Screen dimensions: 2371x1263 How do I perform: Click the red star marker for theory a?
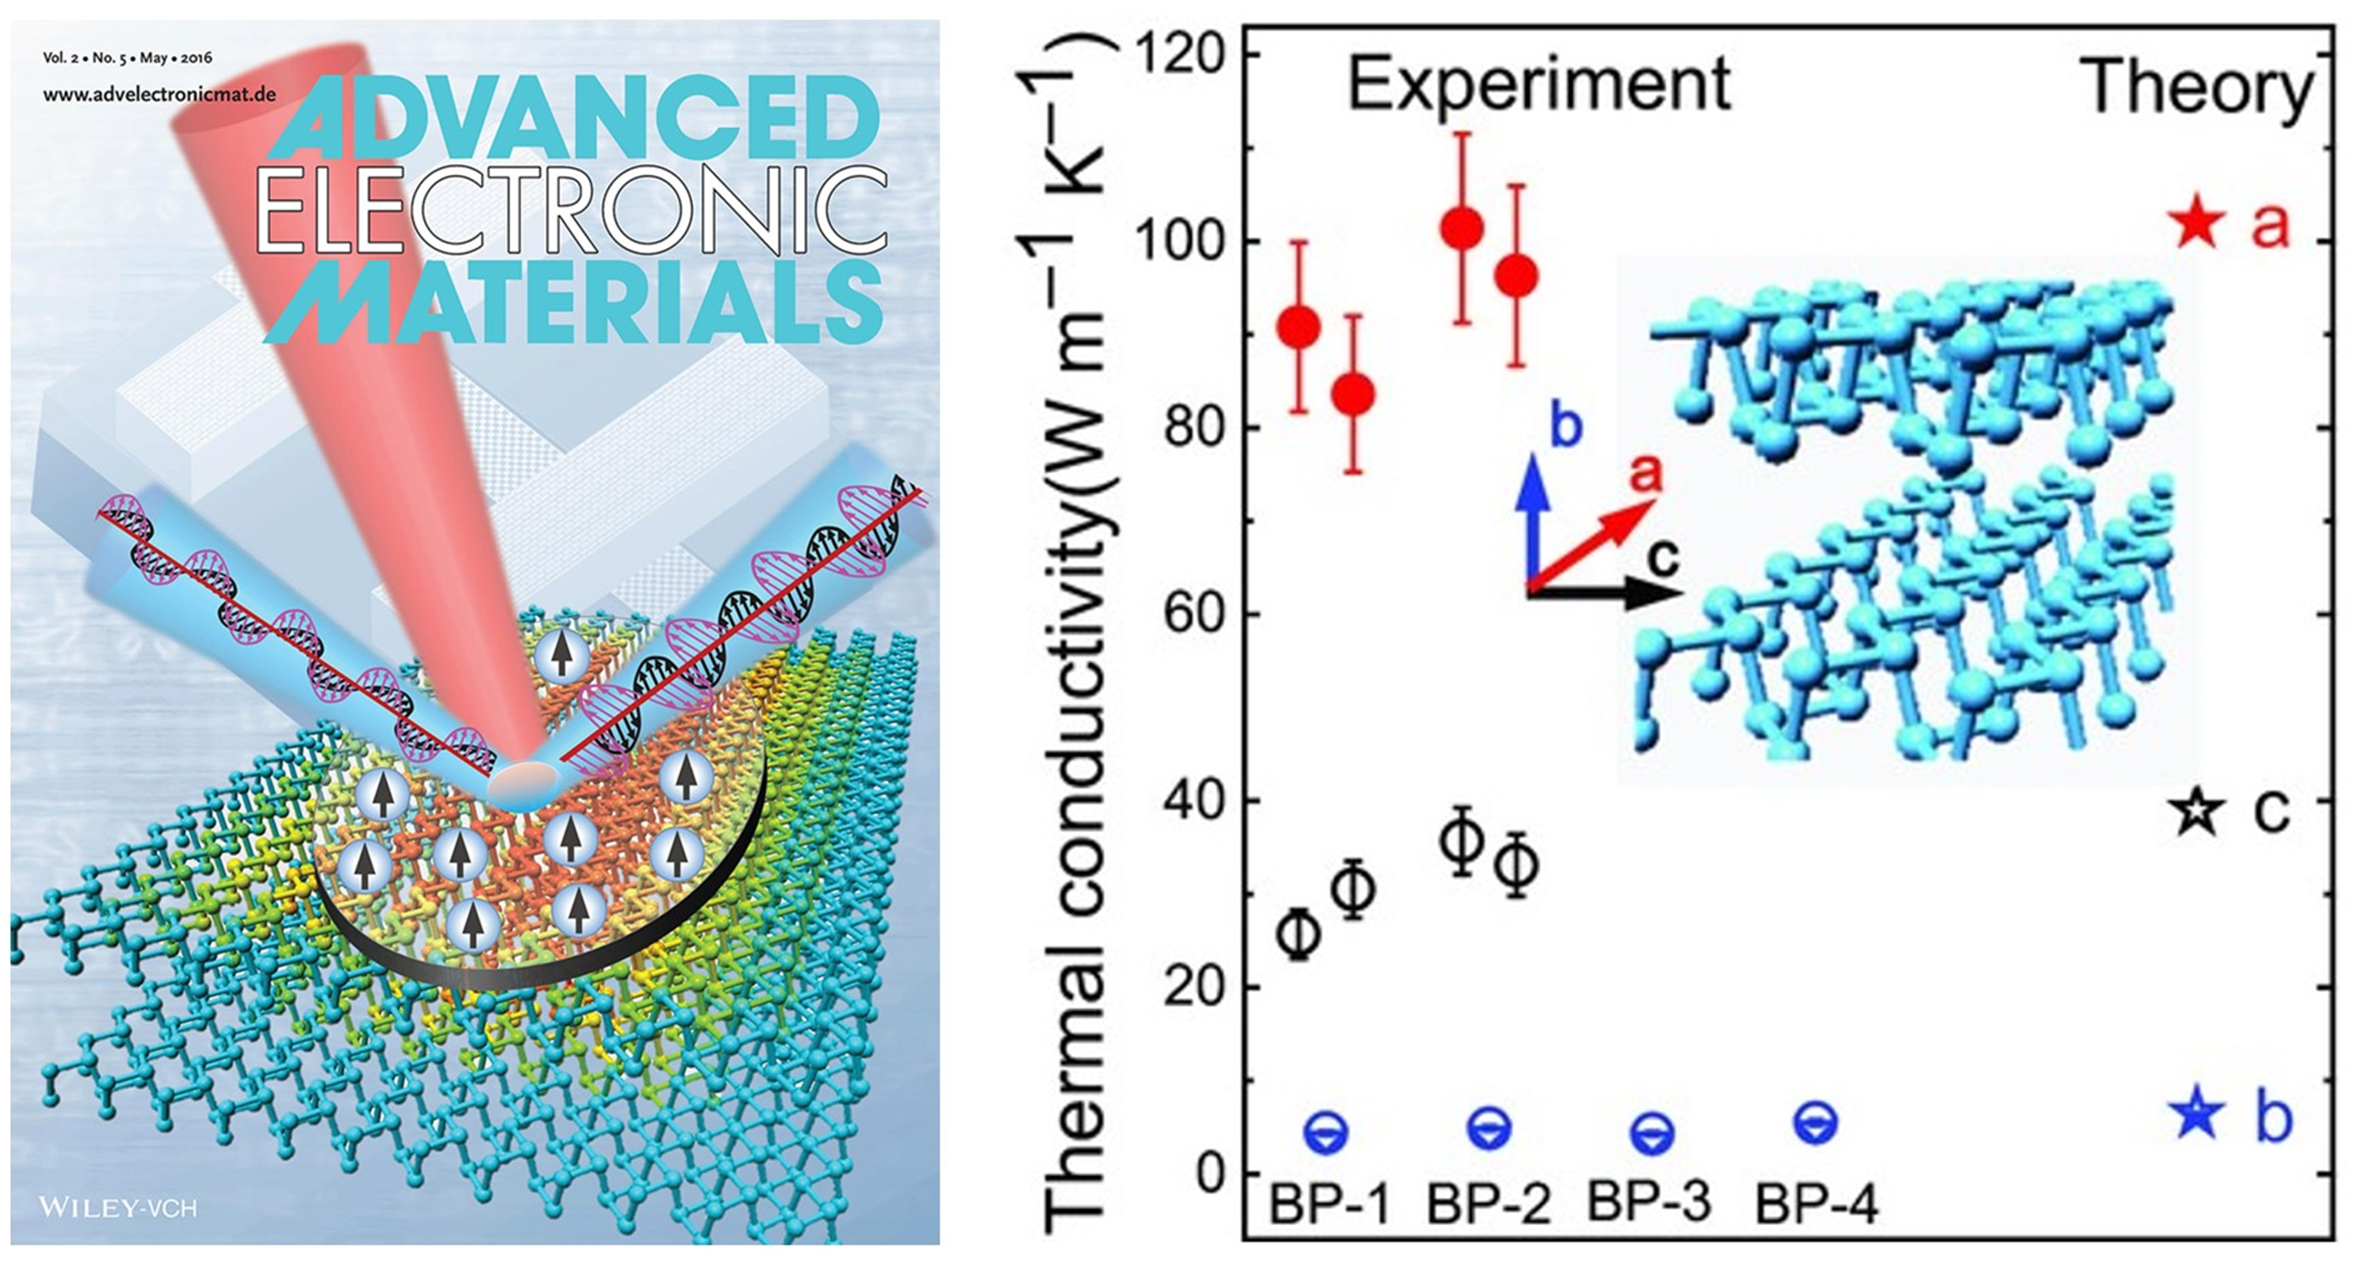tap(2199, 223)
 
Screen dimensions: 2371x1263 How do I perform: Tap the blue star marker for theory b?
tap(2198, 1112)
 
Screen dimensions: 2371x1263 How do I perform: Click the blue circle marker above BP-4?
tap(1816, 1122)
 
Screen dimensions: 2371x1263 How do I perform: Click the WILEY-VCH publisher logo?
tap(118, 1207)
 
